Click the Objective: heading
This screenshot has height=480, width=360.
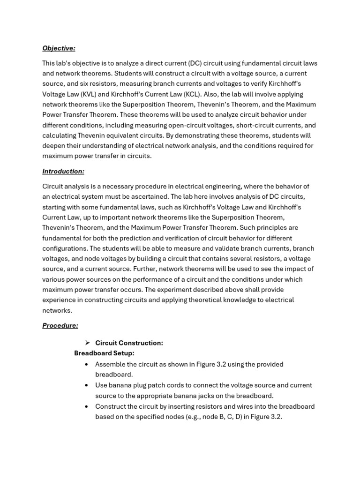pos(59,48)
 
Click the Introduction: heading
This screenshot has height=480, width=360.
pos(63,172)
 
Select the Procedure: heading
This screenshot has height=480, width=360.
pos(60,325)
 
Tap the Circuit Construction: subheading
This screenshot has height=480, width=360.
pos(129,343)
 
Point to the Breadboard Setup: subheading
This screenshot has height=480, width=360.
pos(104,353)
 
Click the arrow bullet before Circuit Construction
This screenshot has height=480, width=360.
pos(87,343)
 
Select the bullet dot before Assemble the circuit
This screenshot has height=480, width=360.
pos(87,364)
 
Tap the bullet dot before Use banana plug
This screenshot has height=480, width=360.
pos(87,385)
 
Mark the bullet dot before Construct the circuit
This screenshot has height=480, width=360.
pos(87,406)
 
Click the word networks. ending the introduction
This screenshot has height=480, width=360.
pos(57,310)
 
